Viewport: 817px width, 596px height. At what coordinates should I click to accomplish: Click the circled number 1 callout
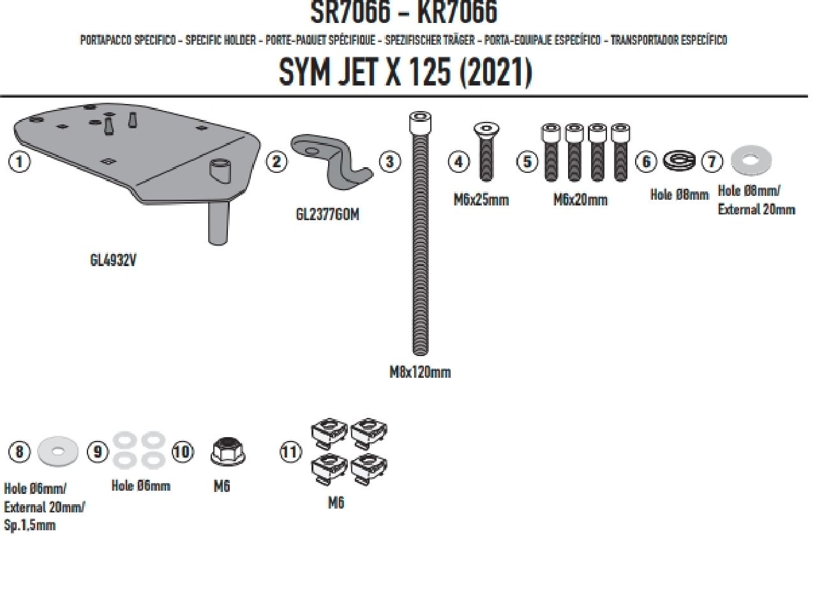click(x=20, y=161)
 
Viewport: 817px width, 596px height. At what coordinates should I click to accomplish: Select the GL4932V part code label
click(x=113, y=260)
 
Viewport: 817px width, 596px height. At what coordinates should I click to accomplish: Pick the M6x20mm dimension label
click(x=580, y=200)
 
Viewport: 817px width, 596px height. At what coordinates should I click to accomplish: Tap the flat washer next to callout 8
click(x=57, y=452)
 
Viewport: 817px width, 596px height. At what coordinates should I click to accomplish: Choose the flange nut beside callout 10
click(x=227, y=452)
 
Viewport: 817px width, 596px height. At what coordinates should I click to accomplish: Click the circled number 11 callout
click(x=290, y=452)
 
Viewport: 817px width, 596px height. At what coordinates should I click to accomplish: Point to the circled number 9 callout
click(x=98, y=452)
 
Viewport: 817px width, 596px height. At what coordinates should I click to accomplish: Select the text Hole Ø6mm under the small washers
click(x=141, y=486)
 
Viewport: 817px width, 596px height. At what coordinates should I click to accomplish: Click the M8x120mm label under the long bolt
click(x=420, y=372)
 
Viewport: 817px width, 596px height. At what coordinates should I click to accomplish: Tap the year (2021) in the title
click(x=495, y=73)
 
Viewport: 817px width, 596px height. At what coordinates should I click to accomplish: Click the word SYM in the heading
click(x=304, y=73)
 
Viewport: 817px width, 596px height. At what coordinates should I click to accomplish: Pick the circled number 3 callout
click(x=390, y=161)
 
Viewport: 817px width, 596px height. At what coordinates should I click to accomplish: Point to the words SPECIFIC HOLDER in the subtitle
click(x=221, y=40)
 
